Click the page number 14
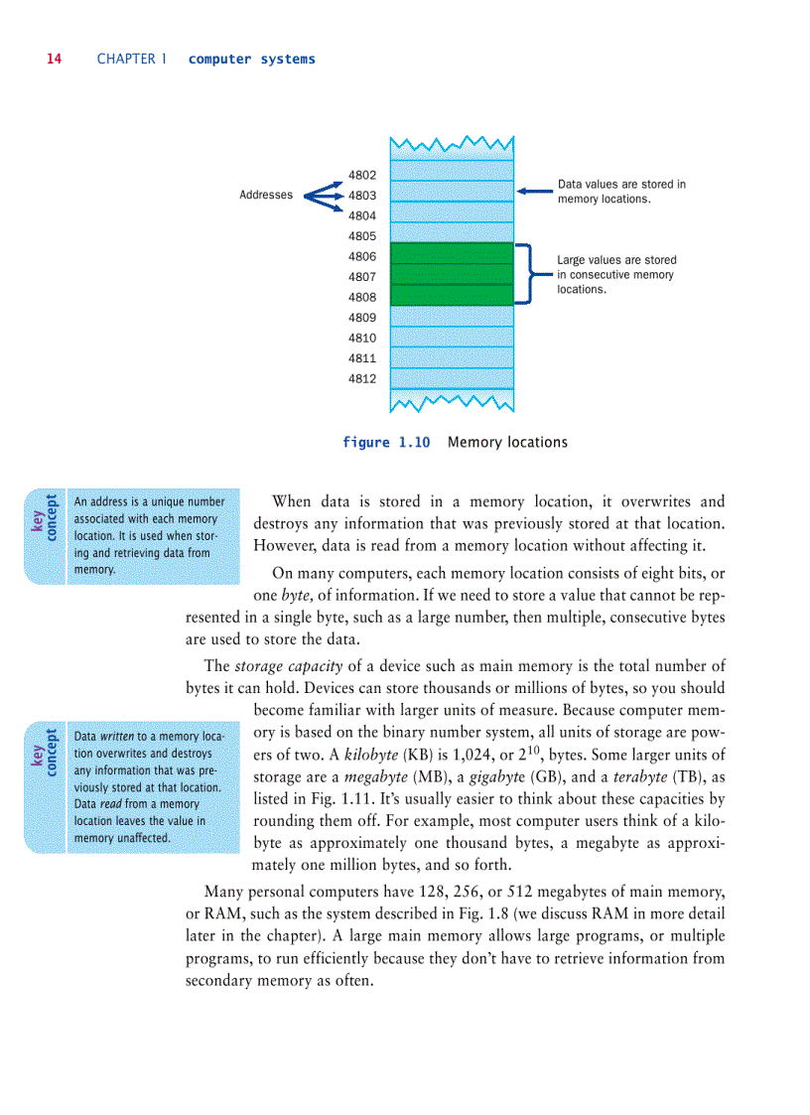click(54, 59)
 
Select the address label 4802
click(362, 175)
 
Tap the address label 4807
click(362, 277)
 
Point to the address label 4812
click(362, 378)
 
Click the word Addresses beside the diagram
click(266, 195)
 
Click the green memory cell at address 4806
click(452, 253)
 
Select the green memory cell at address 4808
click(452, 295)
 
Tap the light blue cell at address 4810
click(452, 337)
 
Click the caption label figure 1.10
click(386, 443)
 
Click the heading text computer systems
click(251, 60)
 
